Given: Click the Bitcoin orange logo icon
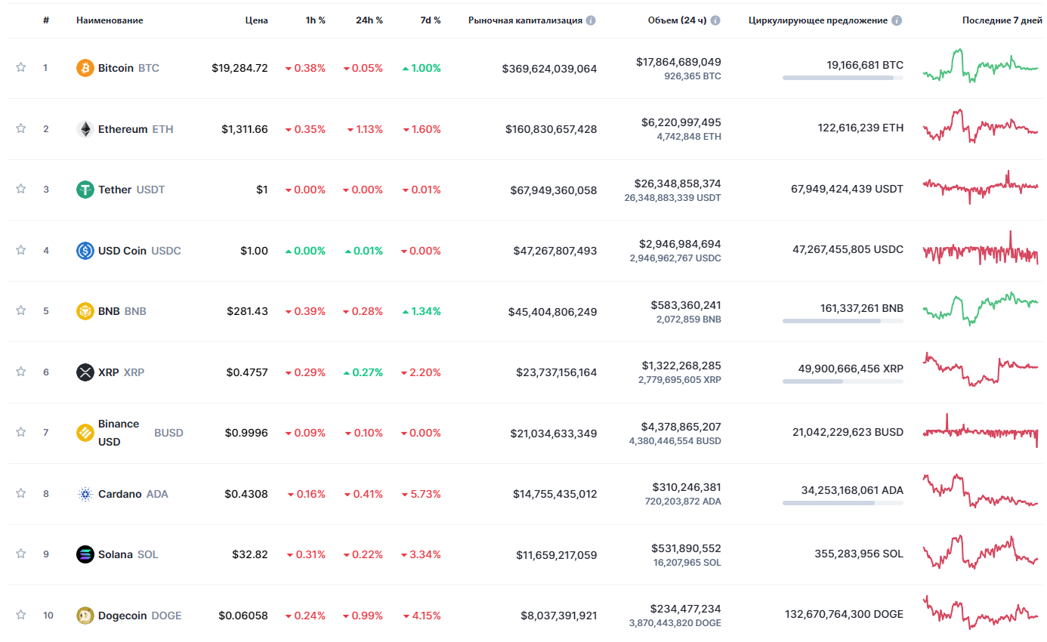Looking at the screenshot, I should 85,68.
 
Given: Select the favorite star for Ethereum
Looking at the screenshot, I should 21,128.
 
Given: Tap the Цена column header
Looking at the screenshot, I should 256,20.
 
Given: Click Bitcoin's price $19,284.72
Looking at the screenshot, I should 239,68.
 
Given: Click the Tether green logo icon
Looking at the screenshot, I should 85,190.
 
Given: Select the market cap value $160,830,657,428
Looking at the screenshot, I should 551,129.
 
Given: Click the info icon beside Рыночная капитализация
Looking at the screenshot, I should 591,20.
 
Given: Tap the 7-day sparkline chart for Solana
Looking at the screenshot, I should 981,553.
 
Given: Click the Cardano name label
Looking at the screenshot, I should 119,494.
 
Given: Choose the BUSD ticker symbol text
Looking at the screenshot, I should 168,433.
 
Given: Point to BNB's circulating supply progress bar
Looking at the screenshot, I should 842,321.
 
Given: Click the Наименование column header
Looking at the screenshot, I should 110,20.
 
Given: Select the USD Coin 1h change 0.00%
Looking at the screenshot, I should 305,251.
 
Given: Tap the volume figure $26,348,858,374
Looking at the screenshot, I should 678,184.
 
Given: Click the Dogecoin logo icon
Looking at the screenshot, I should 85,616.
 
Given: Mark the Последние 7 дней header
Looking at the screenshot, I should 1002,20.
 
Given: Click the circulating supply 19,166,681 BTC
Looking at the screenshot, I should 865,65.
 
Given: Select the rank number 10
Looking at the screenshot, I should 48,616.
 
